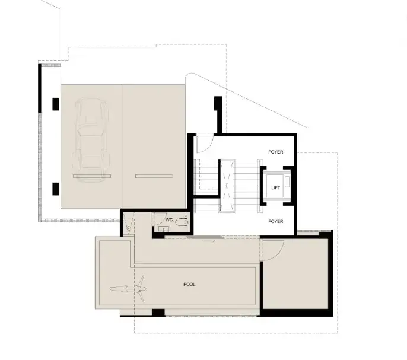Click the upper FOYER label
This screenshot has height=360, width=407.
(276, 152)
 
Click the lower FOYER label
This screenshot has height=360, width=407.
(276, 221)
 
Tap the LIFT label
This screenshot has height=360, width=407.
(276, 187)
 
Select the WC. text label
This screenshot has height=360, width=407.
(170, 220)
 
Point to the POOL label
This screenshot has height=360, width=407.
(189, 285)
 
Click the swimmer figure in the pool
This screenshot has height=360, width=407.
(128, 289)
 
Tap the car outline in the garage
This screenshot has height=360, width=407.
(91, 140)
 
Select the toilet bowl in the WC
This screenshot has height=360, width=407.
(180, 222)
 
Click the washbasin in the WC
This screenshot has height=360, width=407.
(164, 229)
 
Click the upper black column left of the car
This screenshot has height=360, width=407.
(56, 104)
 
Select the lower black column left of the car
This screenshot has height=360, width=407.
(56, 189)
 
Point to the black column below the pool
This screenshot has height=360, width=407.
(158, 313)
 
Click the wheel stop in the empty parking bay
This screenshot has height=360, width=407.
(154, 176)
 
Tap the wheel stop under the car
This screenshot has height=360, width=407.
(92, 176)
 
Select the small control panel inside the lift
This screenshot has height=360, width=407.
(287, 181)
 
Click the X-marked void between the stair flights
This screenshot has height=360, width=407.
(227, 186)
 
